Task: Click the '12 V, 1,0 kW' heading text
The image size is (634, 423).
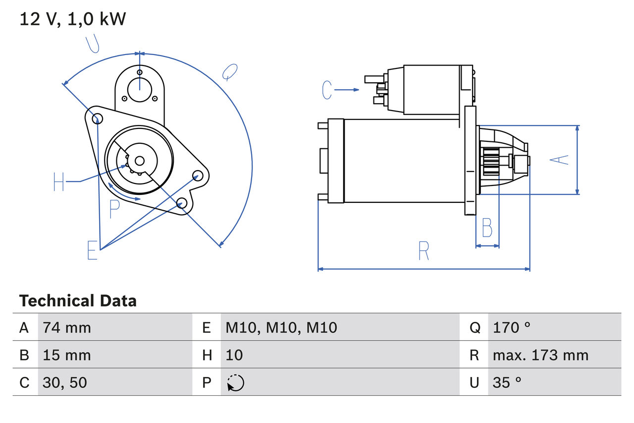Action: pyautogui.click(x=73, y=19)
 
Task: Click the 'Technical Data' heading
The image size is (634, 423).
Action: pyautogui.click(x=77, y=301)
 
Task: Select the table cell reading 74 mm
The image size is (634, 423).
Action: pyautogui.click(x=67, y=327)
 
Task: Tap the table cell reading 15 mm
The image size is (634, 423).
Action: pyautogui.click(x=67, y=355)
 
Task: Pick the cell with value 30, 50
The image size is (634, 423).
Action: pyautogui.click(x=65, y=382)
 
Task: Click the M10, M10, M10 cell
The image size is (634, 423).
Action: pyautogui.click(x=281, y=327)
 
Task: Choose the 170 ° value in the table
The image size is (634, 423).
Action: pyautogui.click(x=512, y=327)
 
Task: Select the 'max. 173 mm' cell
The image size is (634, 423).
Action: pyautogui.click(x=540, y=355)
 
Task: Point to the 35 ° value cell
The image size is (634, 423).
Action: pyautogui.click(x=507, y=382)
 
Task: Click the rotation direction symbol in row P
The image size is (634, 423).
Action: pyautogui.click(x=235, y=383)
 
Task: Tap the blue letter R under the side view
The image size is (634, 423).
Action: pyautogui.click(x=423, y=251)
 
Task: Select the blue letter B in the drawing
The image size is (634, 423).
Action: pyautogui.click(x=487, y=228)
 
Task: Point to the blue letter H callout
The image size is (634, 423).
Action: pyautogui.click(x=59, y=182)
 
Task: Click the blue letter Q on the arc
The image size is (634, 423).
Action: pyautogui.click(x=229, y=72)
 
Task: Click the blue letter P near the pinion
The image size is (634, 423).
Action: pyautogui.click(x=114, y=209)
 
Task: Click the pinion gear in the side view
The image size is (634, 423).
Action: pyautogui.click(x=491, y=162)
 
